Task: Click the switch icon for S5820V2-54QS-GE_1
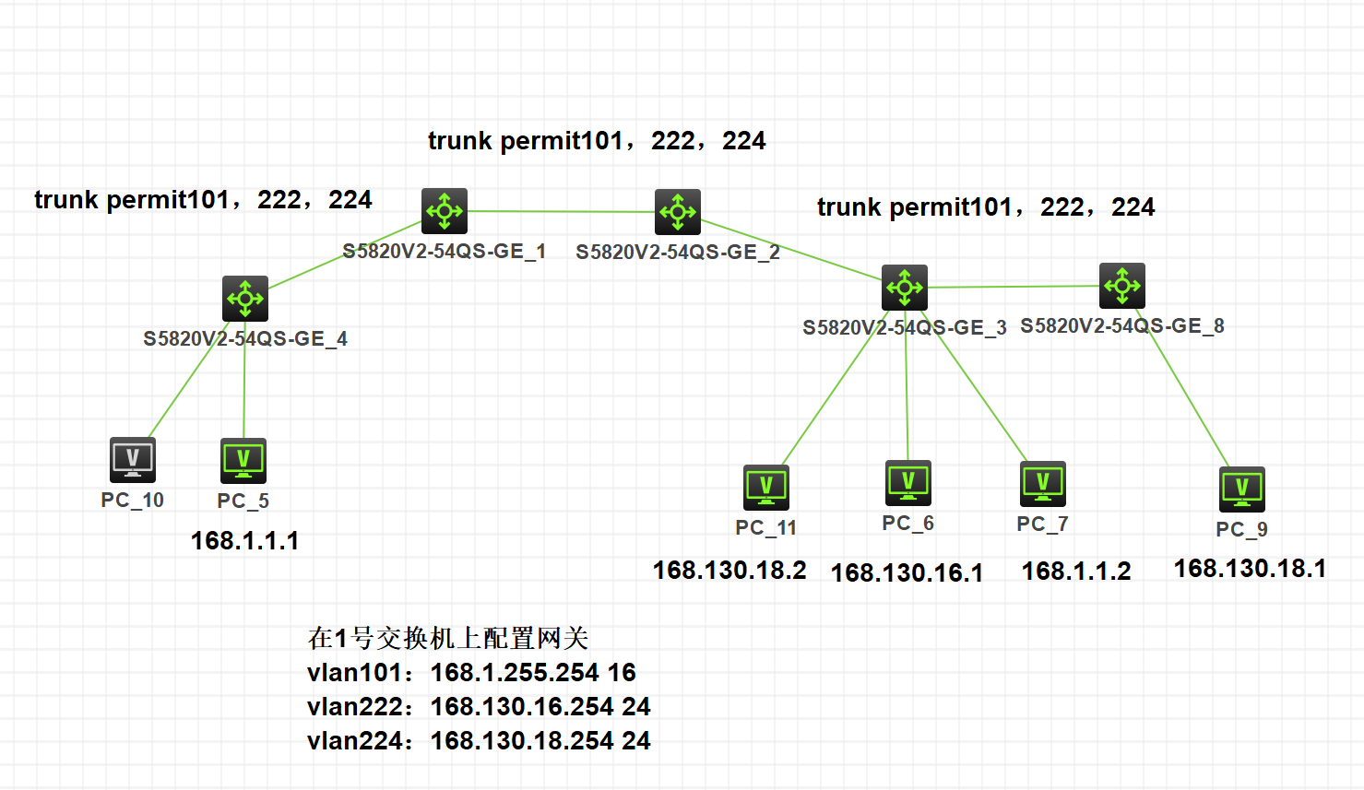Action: [x=445, y=211]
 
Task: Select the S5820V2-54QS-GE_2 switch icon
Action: [x=678, y=212]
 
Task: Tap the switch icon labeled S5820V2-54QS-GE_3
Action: [x=905, y=288]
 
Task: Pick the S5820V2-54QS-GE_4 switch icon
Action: [x=245, y=299]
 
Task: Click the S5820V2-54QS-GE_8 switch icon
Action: [x=1122, y=286]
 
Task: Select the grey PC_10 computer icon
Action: [x=133, y=460]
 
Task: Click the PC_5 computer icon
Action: [x=243, y=461]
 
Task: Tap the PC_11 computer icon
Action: [x=766, y=488]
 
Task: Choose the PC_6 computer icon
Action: [x=908, y=483]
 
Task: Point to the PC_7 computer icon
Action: [x=1043, y=484]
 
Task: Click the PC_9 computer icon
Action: [x=1242, y=489]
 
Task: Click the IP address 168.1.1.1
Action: [x=245, y=541]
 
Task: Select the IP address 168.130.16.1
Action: [x=907, y=573]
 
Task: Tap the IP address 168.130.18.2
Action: [x=729, y=571]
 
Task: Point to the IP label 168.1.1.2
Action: [x=1076, y=572]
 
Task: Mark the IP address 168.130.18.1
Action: [x=1250, y=569]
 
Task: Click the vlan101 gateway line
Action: [x=471, y=673]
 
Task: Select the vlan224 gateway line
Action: [x=479, y=741]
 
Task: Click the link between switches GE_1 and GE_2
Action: [x=561, y=211]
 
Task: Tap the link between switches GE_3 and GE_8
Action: [x=1014, y=287]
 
